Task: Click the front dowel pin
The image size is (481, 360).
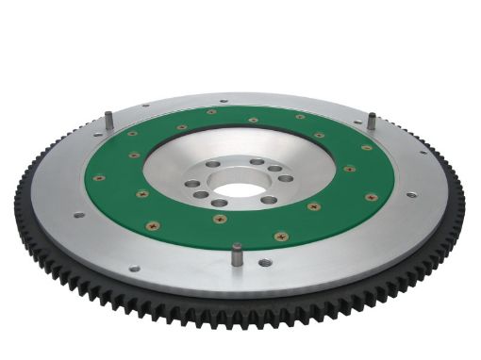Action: tap(234, 254)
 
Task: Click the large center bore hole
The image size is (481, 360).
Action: tap(241, 188)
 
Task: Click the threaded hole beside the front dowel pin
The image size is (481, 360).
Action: tap(265, 263)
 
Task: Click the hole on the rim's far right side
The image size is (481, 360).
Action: tap(410, 195)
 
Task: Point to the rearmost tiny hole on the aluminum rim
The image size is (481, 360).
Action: tap(223, 101)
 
